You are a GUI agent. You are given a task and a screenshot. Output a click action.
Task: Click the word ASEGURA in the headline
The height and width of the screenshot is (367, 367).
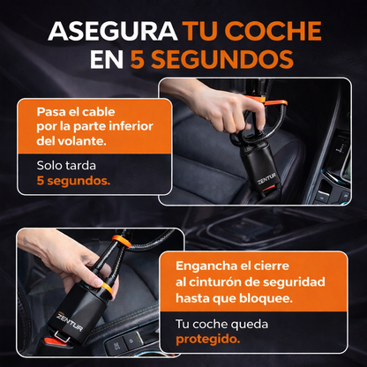[113, 31]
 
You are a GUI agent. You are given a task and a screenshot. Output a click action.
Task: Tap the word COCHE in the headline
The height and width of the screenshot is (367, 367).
[274, 31]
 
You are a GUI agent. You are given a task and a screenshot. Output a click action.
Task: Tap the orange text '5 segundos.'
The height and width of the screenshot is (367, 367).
[73, 181]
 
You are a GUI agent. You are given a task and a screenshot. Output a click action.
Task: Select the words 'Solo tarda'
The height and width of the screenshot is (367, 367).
[66, 165]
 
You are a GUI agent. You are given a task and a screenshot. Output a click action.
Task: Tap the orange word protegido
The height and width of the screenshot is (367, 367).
[208, 340]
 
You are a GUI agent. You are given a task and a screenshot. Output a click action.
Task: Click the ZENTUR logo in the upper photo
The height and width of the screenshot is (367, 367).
[266, 178]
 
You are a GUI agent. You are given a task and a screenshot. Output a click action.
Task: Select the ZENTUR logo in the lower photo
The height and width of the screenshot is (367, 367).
[70, 321]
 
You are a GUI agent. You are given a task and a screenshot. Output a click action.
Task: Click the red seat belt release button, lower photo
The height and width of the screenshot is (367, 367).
[52, 342]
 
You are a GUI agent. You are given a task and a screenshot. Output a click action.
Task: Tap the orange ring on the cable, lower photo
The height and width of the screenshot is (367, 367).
[122, 240]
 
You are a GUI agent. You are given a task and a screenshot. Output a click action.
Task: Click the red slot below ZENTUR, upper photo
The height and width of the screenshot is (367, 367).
[268, 189]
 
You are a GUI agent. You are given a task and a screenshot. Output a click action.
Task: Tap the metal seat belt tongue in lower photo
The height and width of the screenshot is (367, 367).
[62, 336]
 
